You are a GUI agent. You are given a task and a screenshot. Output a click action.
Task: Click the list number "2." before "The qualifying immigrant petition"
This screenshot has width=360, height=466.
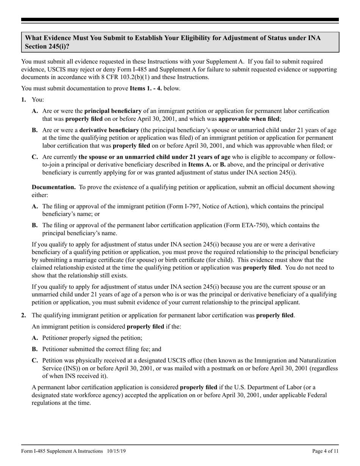pos(23,315)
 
